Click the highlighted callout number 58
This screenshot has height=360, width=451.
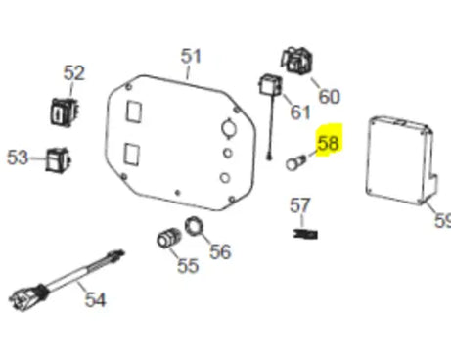click(329, 143)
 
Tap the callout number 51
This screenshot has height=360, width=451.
click(191, 56)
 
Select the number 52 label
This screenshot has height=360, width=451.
click(74, 72)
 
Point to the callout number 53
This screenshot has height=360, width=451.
click(18, 157)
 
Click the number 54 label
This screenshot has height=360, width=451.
click(95, 299)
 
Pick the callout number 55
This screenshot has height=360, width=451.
click(188, 265)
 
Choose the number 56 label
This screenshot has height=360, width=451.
click(220, 251)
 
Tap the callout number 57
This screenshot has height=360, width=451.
click(300, 205)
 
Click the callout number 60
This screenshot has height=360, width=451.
click(329, 97)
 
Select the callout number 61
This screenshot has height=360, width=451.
click(300, 112)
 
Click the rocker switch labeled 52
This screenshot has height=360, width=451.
click(65, 112)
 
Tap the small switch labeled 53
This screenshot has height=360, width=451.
click(58, 159)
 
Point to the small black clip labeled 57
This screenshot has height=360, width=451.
click(305, 234)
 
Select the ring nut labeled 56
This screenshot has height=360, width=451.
click(194, 226)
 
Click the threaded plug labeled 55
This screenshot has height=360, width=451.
click(168, 238)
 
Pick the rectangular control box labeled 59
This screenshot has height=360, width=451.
click(402, 159)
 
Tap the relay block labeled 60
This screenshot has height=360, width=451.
click(296, 61)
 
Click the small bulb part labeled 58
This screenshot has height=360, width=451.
click(295, 163)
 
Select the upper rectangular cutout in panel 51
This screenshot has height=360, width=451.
click(134, 112)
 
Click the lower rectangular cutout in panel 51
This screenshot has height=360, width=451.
click(132, 155)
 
